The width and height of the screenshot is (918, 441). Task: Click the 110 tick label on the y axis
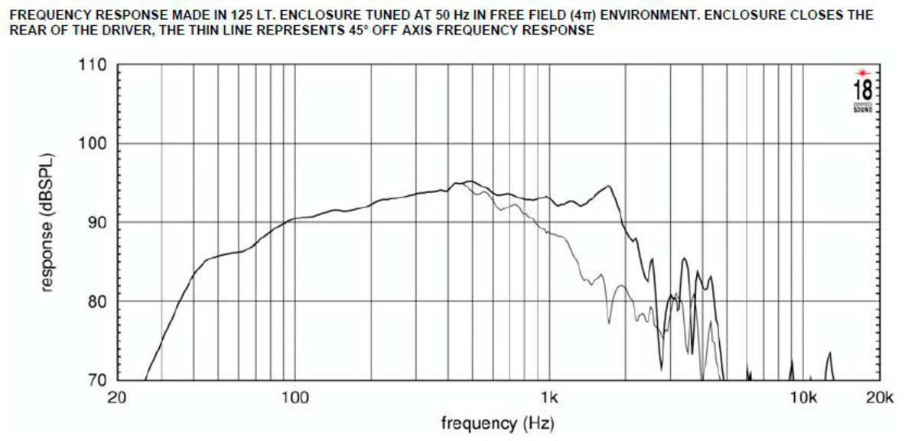point(92,65)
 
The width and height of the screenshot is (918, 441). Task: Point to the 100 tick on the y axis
point(92,144)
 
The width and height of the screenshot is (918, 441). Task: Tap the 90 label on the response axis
point(96,223)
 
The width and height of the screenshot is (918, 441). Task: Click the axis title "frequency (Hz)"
point(497,423)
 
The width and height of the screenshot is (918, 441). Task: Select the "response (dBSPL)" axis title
point(47,223)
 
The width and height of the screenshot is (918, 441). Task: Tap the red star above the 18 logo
point(862,72)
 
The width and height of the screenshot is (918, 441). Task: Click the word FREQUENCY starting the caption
point(43,15)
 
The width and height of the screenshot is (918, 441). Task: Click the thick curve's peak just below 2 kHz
point(608,186)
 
